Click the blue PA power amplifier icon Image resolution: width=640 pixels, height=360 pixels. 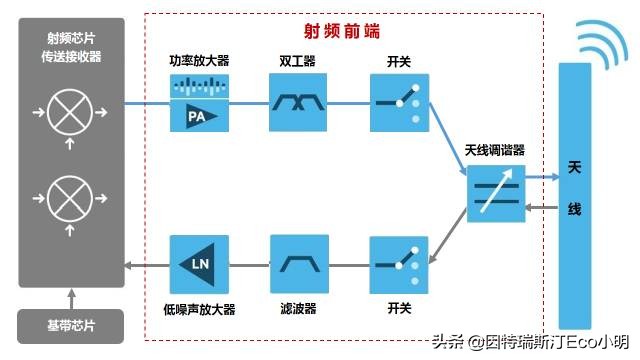click(199, 103)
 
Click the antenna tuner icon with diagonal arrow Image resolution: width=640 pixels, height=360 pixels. click(496, 193)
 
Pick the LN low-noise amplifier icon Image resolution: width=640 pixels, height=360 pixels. click(199, 264)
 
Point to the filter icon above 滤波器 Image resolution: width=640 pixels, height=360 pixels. click(299, 264)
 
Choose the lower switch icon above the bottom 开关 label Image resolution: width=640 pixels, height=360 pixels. click(399, 264)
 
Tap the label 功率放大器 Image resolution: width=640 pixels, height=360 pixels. click(199, 61)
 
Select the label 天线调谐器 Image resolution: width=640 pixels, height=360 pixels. click(495, 151)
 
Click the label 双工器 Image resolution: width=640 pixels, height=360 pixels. click(298, 61)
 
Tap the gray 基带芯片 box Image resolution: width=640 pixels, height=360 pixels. click(70, 327)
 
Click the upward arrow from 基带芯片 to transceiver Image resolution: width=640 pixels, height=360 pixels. click(70, 299)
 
